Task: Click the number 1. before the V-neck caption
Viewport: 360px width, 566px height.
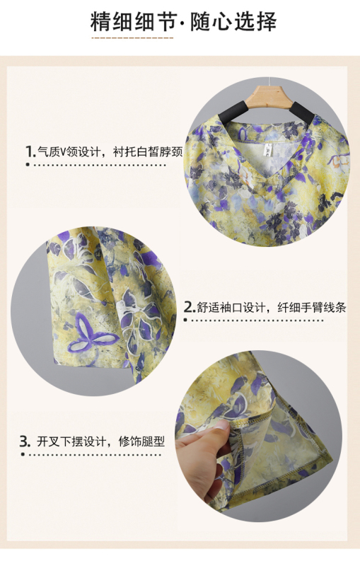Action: point(30,151)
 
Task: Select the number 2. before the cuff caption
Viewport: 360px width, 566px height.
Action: point(190,307)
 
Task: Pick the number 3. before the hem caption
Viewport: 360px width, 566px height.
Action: point(25,441)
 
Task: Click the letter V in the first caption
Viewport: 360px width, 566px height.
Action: point(62,152)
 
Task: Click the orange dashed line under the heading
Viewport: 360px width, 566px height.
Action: point(132,37)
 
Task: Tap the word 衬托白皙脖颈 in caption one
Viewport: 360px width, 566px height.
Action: point(148,151)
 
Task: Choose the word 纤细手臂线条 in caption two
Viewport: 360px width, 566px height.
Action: point(312,307)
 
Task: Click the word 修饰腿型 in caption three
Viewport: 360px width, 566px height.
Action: point(141,441)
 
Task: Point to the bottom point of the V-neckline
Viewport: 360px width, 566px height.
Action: point(269,183)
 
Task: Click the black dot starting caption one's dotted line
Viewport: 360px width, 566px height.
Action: point(28,165)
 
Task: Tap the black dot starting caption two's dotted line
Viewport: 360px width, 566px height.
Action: point(185,320)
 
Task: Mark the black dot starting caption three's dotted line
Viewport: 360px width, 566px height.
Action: point(23,454)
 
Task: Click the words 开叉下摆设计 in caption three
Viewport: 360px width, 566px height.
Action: point(71,441)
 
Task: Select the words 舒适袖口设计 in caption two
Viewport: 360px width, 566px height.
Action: point(231,307)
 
